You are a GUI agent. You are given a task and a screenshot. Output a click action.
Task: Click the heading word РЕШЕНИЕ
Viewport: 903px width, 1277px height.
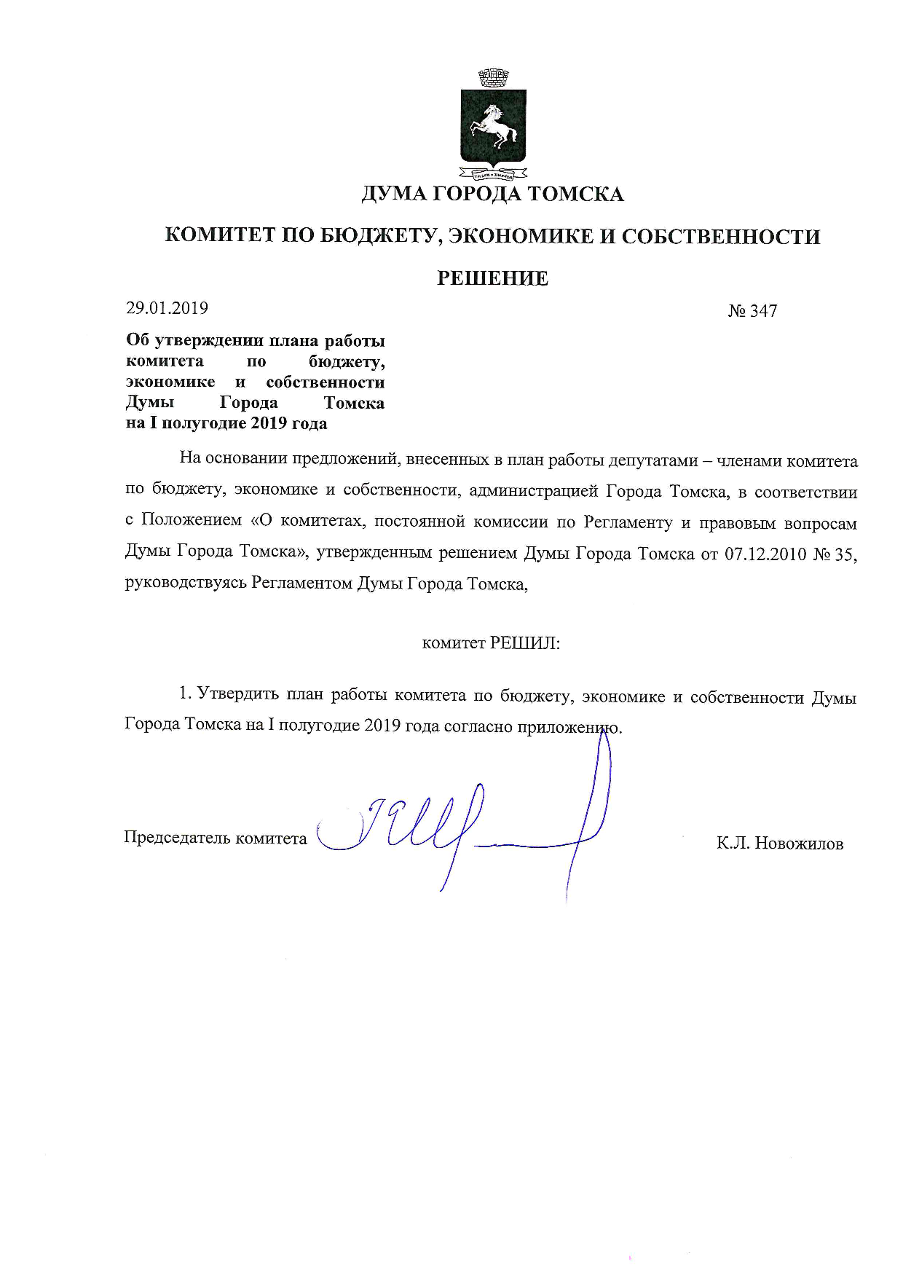492,278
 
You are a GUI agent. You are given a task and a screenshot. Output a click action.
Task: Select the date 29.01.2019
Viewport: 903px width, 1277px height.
167,308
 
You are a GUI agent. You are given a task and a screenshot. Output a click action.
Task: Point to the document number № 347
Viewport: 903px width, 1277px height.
752,311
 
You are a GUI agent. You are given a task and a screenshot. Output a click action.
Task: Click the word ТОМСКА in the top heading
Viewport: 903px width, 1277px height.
575,194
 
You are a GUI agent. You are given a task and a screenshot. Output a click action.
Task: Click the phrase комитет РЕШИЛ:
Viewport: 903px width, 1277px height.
491,643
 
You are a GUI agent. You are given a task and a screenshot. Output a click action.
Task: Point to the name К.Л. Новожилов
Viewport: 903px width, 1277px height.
779,844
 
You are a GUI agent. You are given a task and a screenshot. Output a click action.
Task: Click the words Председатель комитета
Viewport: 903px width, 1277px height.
216,838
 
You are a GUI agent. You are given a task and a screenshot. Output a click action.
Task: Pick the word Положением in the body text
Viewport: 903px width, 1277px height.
192,523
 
